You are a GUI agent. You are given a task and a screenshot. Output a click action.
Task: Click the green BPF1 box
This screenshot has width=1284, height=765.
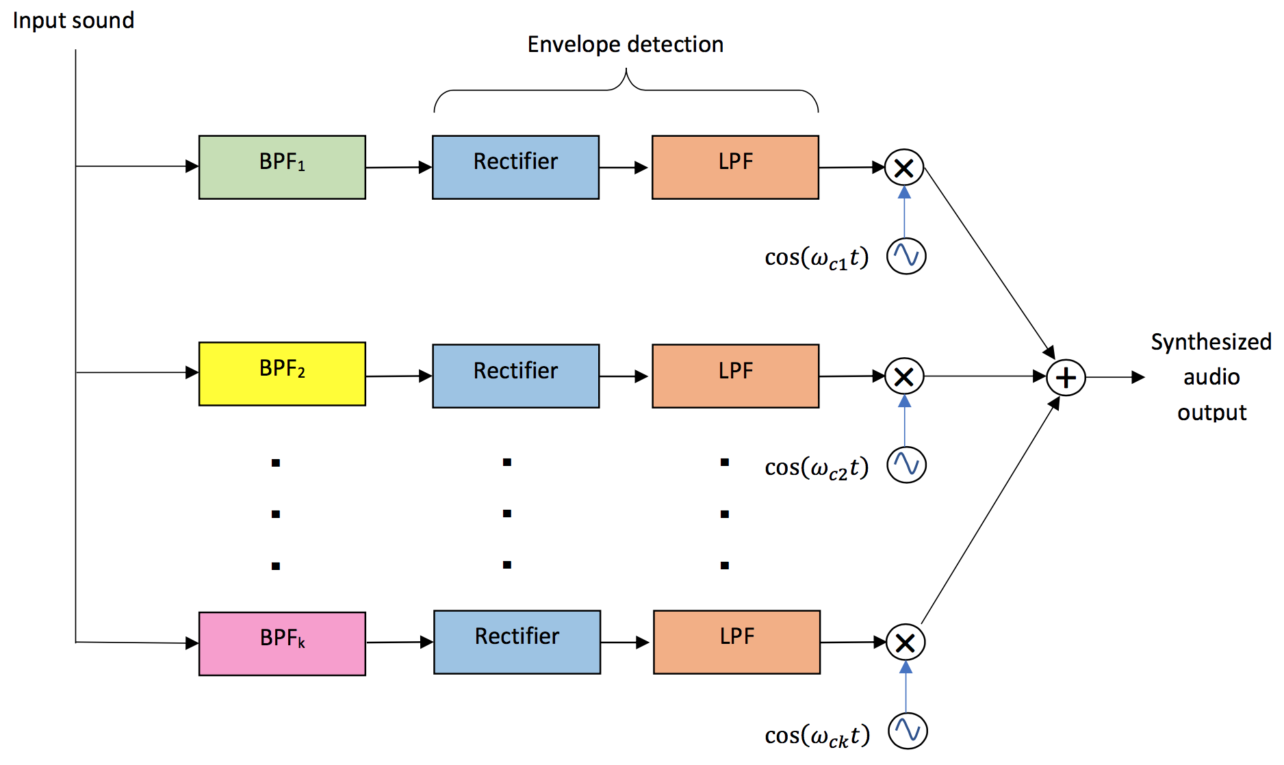[x=282, y=167]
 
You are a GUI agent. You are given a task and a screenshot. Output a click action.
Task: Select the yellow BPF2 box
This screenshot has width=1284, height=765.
[x=282, y=374]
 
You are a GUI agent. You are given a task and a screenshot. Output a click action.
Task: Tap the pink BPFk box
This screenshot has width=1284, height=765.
[x=282, y=643]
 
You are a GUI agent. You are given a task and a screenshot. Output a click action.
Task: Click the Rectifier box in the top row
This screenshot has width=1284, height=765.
[x=515, y=167]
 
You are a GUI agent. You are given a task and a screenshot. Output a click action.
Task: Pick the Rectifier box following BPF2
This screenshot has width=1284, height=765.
[x=515, y=376]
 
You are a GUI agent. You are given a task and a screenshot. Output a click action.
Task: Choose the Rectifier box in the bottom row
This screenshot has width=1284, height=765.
[x=517, y=642]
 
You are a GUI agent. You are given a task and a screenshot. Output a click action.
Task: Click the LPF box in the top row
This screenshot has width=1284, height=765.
[x=735, y=167]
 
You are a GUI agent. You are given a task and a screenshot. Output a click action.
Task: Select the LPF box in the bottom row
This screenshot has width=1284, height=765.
[x=736, y=642]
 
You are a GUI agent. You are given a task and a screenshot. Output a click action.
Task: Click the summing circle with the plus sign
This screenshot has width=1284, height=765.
[x=1066, y=378]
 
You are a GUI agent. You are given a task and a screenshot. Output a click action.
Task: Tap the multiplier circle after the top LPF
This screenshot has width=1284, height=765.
[x=904, y=168]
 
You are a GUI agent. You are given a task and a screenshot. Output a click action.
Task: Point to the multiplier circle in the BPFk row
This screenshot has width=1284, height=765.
[x=906, y=643]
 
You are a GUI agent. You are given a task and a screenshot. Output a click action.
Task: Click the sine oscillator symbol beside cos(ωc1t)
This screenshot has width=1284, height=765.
[x=906, y=256]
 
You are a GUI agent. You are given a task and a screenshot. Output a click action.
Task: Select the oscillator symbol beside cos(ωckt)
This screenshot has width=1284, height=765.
[x=908, y=731]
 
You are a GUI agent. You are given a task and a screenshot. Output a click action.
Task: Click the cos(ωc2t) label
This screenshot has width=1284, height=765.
[x=816, y=467]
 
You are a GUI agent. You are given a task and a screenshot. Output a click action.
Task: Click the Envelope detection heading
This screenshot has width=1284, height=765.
[x=625, y=44]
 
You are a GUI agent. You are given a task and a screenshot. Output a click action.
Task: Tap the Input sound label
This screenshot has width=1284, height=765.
[x=73, y=21]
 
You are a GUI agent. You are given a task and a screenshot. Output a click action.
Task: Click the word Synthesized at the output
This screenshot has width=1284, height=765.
[x=1211, y=341]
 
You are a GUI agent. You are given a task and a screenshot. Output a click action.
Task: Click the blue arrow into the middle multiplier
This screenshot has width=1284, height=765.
[x=905, y=421]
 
